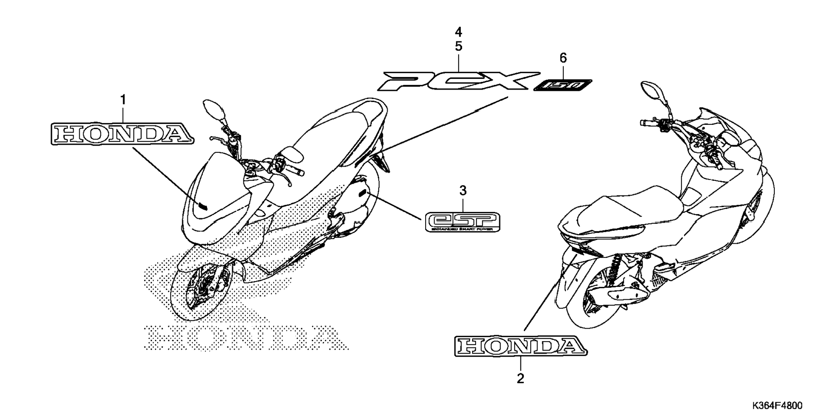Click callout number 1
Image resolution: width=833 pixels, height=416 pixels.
tap(123, 100)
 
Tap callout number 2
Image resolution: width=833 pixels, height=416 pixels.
tap(520, 379)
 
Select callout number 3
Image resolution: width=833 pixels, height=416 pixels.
tap(463, 190)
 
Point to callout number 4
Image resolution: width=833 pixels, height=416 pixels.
tap(458, 32)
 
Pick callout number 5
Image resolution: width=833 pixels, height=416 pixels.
tap(458, 46)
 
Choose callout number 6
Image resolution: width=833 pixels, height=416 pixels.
tap(563, 58)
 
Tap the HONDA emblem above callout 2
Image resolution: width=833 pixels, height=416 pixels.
tap(521, 346)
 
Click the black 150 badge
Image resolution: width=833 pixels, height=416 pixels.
tap(563, 86)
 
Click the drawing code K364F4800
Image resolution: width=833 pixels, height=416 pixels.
tap(777, 406)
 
